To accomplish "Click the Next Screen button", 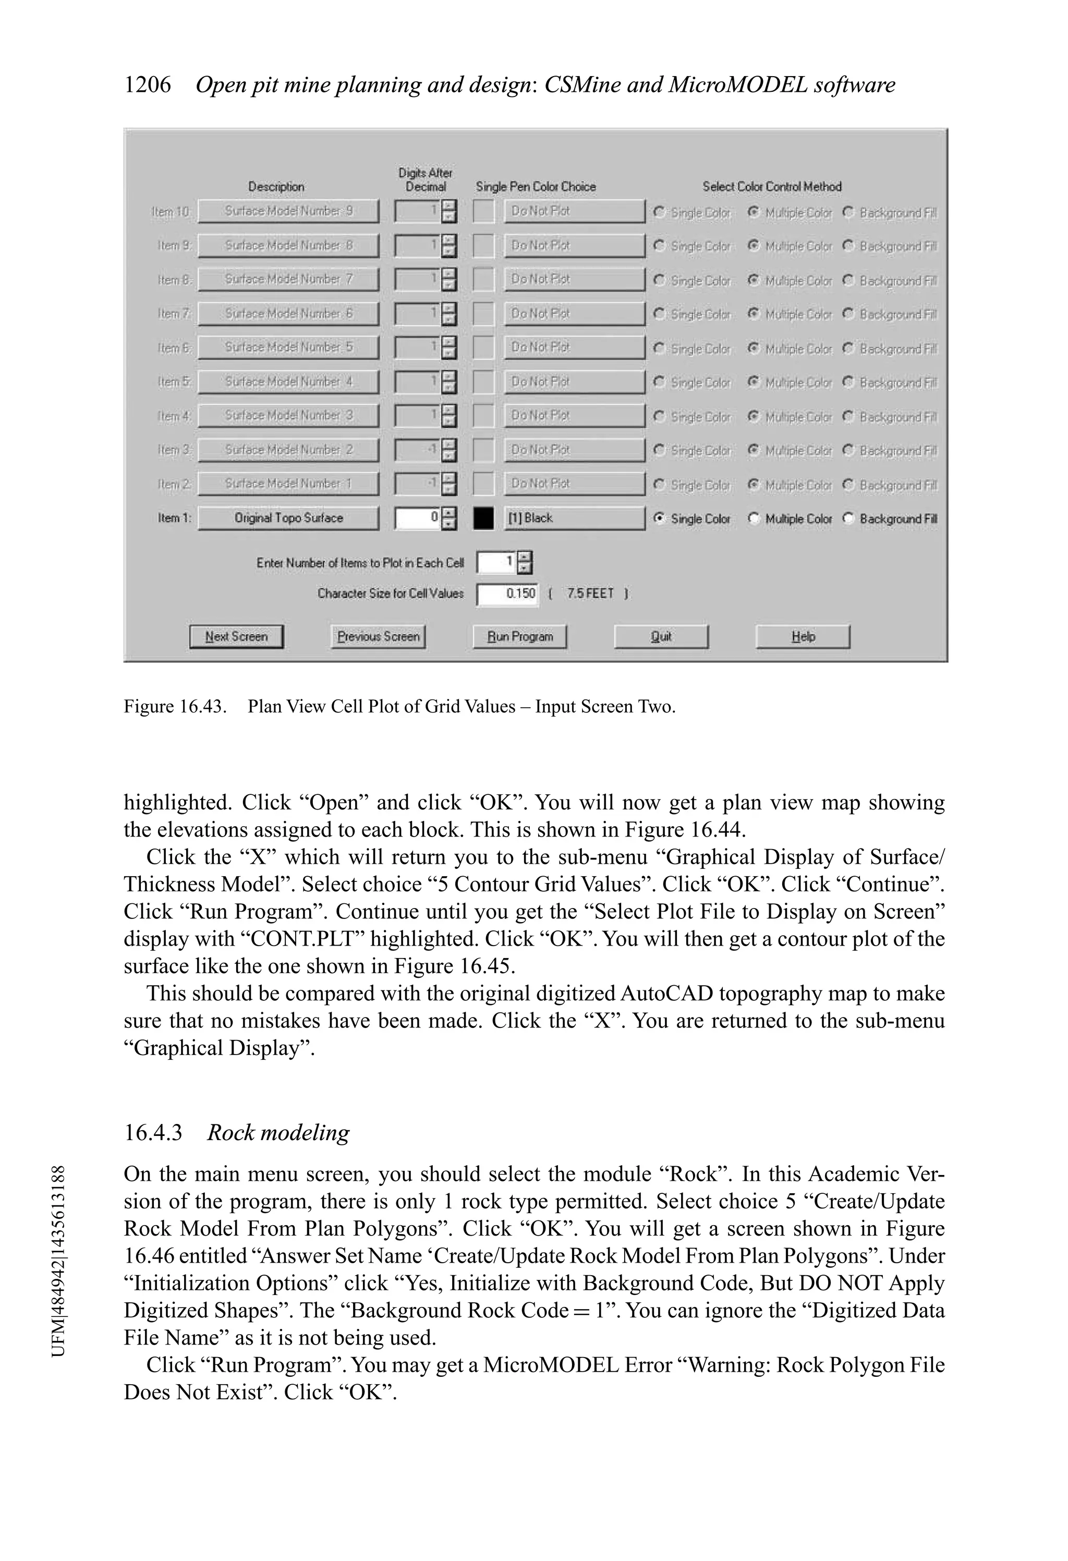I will coord(236,636).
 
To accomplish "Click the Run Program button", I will coord(519,636).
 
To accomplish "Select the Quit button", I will coord(661,636).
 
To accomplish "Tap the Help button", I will coord(803,636).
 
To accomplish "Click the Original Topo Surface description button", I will coord(288,518).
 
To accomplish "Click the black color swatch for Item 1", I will coord(483,518).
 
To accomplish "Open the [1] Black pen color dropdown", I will coord(574,518).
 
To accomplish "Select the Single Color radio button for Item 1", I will coord(660,518).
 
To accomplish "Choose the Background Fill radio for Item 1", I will coord(849,518).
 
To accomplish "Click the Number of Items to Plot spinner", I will coord(525,562).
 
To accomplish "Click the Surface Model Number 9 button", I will coord(288,211).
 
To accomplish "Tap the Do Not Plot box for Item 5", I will coord(574,382).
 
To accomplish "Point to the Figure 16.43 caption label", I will coord(175,707).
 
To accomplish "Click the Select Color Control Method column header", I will coord(772,187).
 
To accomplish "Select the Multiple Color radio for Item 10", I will coord(754,212).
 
